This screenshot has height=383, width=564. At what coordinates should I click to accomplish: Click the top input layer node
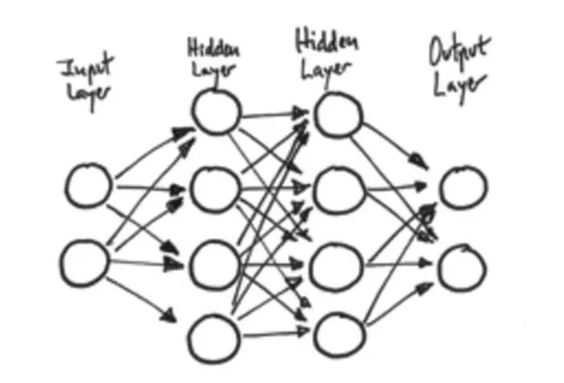pyautogui.click(x=88, y=185)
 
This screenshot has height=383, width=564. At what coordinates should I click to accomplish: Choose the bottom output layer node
pyautogui.click(x=462, y=268)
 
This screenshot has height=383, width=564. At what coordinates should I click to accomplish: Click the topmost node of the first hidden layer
pyautogui.click(x=216, y=112)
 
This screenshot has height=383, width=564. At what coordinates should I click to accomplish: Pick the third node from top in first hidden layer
pyautogui.click(x=216, y=262)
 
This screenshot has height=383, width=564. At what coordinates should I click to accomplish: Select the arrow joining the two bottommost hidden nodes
pyautogui.click(x=274, y=331)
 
